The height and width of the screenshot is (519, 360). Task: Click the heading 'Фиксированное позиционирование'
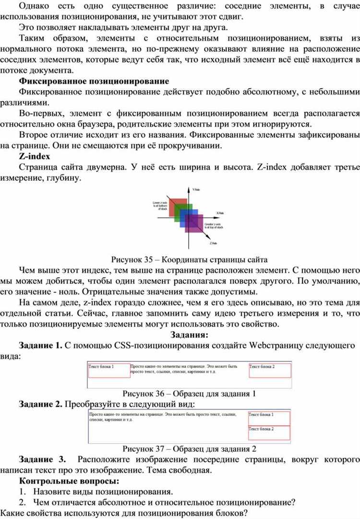point(94,81)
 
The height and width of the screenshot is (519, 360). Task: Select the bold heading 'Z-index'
point(35,156)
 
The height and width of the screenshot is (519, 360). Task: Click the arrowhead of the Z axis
point(207,239)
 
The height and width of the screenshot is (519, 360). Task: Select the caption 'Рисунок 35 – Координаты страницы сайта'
point(189,260)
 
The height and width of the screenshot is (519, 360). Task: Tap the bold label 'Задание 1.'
point(40,345)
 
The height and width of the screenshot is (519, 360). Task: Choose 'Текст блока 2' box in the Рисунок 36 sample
point(270,371)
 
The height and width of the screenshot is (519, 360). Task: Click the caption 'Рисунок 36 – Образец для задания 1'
point(189,393)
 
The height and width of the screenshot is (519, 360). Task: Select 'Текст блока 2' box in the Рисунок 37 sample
point(268,433)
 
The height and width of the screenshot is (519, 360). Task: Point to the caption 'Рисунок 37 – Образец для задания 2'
point(189,449)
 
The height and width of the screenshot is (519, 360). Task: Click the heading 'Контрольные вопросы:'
point(69,480)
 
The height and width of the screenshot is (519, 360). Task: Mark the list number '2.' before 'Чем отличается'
point(23,502)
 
